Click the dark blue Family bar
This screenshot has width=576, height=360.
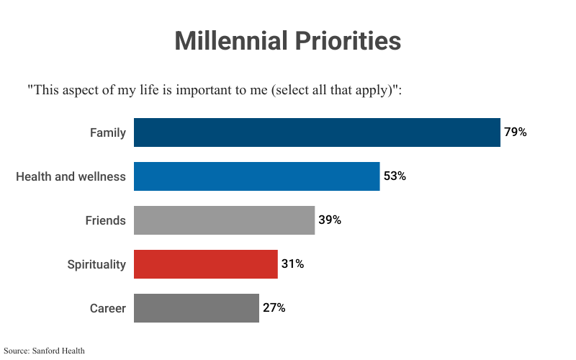click(317, 132)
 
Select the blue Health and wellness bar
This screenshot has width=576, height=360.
click(256, 176)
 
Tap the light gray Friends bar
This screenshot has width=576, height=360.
click(224, 220)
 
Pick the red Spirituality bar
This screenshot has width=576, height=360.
click(205, 264)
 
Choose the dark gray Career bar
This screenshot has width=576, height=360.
click(196, 308)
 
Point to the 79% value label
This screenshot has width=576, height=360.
click(516, 132)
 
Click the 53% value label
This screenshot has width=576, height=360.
click(395, 176)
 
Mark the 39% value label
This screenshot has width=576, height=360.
click(330, 220)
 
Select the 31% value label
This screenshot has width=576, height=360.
click(292, 264)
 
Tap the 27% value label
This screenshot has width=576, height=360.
click(274, 308)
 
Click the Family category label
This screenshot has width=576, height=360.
click(108, 132)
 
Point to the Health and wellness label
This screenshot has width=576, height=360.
click(71, 176)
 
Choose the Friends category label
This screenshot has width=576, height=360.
click(105, 220)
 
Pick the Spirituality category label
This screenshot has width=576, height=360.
click(96, 264)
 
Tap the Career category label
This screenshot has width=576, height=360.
click(108, 308)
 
